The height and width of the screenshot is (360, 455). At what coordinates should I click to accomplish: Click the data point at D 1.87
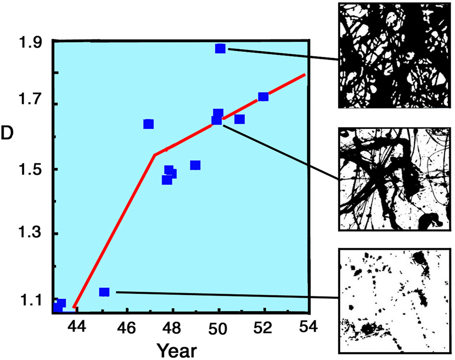pyautogui.click(x=220, y=49)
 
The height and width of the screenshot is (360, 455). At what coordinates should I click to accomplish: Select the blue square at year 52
pyautogui.click(x=263, y=96)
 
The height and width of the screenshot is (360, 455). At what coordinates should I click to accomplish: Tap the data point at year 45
pyautogui.click(x=104, y=292)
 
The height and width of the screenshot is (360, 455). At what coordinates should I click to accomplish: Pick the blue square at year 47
pyautogui.click(x=148, y=124)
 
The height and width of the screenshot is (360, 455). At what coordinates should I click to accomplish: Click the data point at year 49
pyautogui.click(x=195, y=165)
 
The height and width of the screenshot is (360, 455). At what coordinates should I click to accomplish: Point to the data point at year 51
pyautogui.click(x=239, y=119)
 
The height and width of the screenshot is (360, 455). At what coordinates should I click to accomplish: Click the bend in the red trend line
pyautogui.click(x=154, y=155)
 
